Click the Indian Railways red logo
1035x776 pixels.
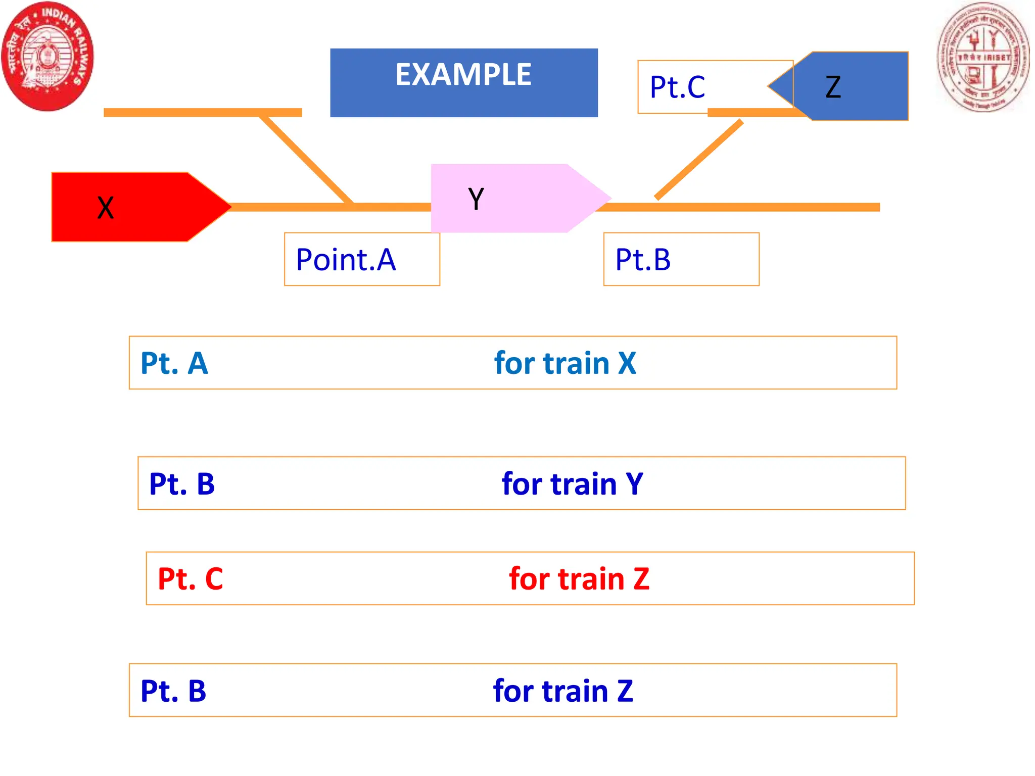[x=48, y=56]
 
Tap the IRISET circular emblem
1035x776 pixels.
[x=983, y=57]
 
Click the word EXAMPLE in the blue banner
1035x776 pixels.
[x=463, y=75]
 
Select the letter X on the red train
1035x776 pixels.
[x=106, y=208]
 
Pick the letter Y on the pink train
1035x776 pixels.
[x=476, y=199]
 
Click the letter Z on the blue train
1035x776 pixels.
[x=833, y=87]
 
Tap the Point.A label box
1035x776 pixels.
[x=361, y=259]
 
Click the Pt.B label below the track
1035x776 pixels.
[x=643, y=260]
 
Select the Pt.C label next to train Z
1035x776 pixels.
[x=677, y=87]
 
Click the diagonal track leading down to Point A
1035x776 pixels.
[x=306, y=159]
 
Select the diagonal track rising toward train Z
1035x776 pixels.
[x=699, y=160]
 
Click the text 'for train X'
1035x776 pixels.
[x=564, y=363]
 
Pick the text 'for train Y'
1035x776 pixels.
[x=572, y=483]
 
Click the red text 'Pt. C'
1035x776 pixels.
[x=190, y=578]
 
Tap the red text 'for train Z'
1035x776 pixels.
[x=579, y=578]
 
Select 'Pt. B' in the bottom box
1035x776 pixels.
[x=173, y=691]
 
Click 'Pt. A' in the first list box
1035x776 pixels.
[x=174, y=363]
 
